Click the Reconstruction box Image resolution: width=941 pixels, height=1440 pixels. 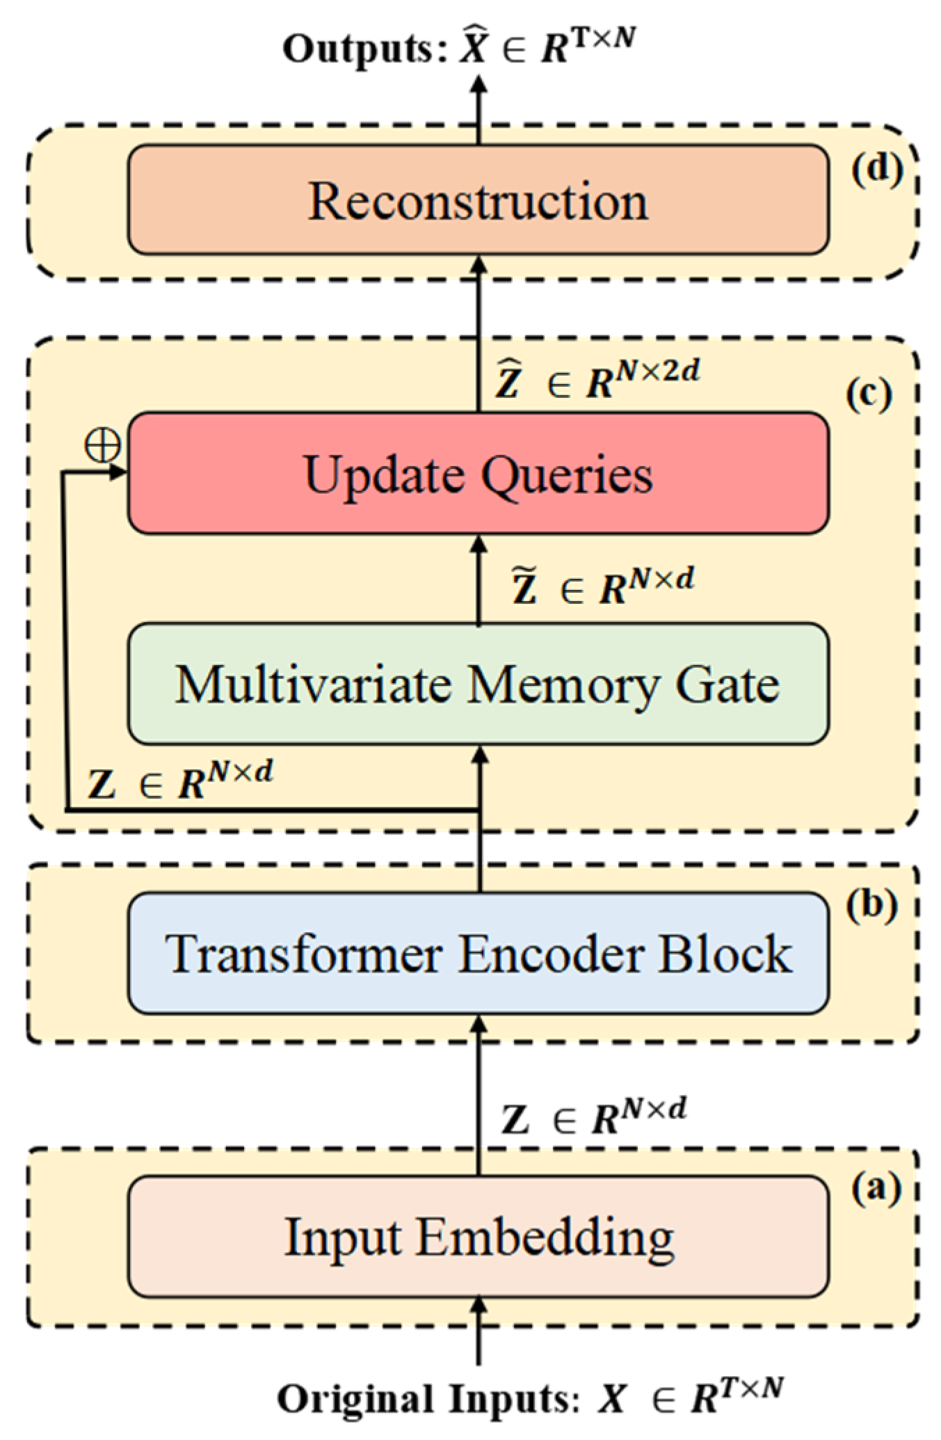click(478, 200)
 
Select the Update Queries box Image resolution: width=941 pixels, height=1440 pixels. click(478, 474)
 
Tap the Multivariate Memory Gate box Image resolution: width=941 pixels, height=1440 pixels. click(478, 685)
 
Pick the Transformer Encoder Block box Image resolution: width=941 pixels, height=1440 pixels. click(478, 953)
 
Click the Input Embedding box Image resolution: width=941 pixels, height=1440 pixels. click(478, 1237)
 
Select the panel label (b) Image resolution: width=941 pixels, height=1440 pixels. click(871, 905)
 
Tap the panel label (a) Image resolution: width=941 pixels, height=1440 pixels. click(876, 1188)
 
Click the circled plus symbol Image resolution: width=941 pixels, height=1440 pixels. click(102, 445)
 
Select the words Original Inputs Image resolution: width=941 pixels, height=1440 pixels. click(428, 1399)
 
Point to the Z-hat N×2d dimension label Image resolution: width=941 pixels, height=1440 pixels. click(597, 380)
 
